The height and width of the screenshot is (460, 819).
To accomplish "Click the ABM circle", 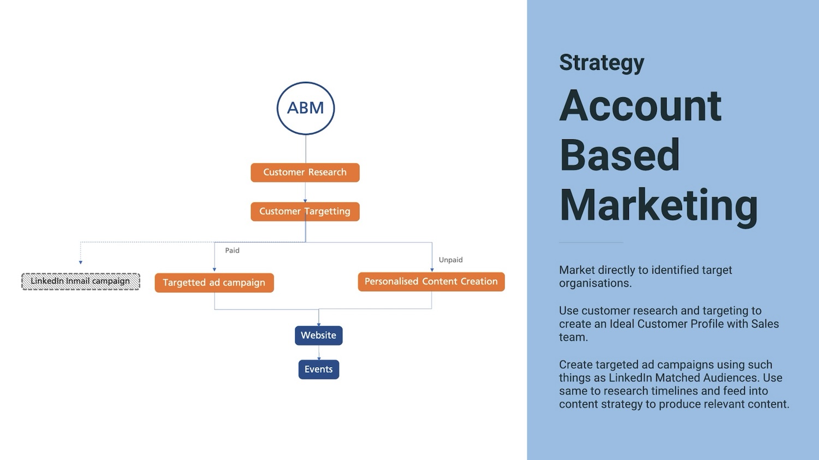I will click(305, 108).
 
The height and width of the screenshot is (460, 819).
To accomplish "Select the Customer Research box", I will click(305, 173).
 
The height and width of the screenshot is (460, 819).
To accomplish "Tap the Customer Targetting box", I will click(305, 211).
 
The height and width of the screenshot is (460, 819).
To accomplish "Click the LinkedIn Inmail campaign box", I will click(80, 281).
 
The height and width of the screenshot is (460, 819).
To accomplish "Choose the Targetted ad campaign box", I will click(214, 282).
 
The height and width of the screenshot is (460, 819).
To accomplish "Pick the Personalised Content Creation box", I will click(431, 282).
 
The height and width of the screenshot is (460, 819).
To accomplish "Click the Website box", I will click(318, 335).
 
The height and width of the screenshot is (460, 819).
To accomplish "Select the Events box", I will click(318, 369).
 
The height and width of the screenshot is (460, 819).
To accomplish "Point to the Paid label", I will click(232, 250).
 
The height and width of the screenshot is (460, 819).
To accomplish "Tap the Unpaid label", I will click(450, 260).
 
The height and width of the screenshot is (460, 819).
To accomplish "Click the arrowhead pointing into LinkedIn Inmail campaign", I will click(80, 262).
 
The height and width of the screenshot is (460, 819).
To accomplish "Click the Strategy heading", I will click(601, 62).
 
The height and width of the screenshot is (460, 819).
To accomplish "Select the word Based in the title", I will click(619, 155).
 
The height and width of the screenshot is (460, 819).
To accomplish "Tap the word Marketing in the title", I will click(658, 205).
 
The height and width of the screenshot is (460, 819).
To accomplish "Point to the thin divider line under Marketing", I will click(591, 243).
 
